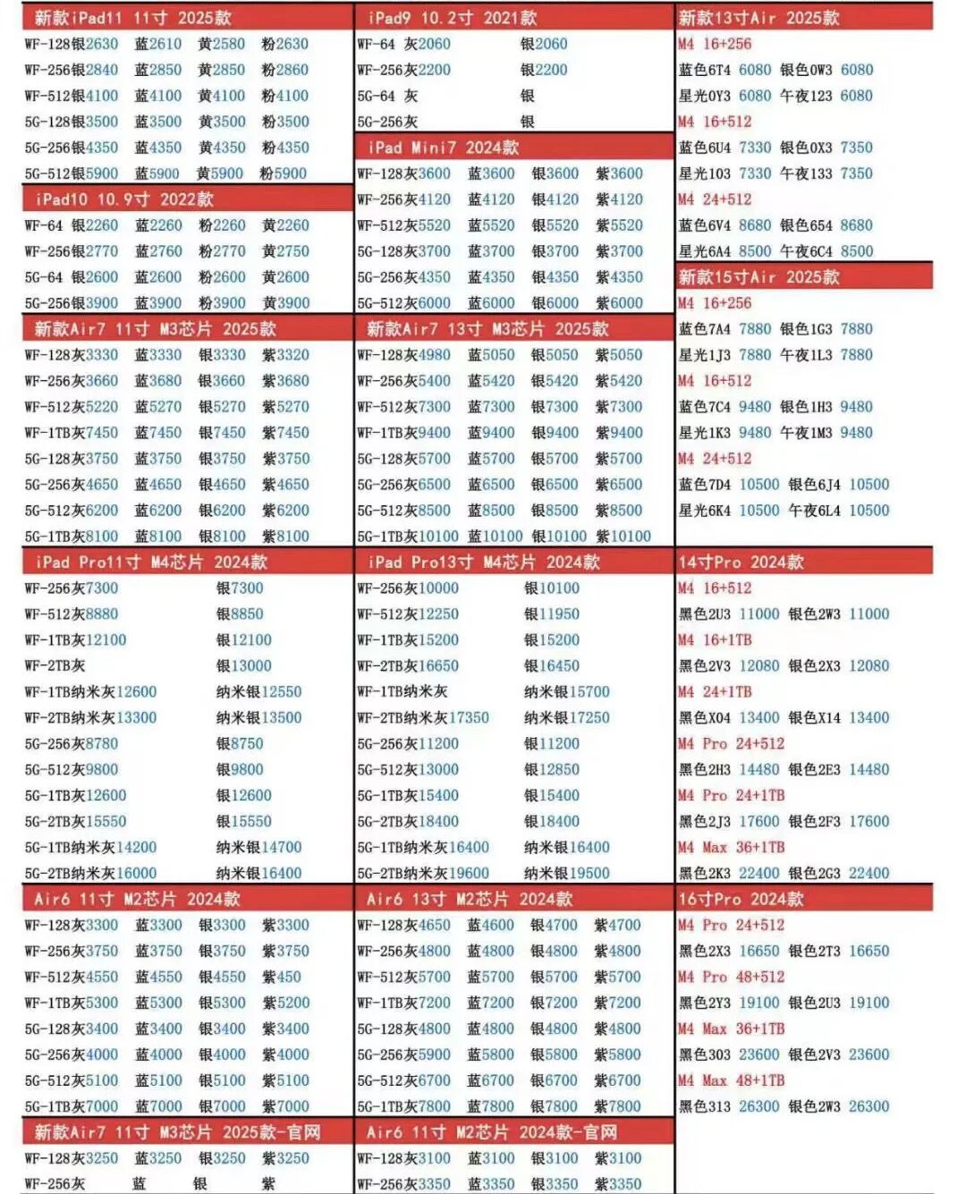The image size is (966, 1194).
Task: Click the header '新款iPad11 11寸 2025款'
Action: (x=132, y=17)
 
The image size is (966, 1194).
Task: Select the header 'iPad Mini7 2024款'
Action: (x=443, y=147)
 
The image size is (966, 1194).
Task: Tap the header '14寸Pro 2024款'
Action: (x=741, y=562)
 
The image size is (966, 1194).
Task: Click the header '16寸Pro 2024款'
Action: (x=741, y=899)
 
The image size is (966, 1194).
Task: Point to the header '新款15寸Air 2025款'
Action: (x=758, y=276)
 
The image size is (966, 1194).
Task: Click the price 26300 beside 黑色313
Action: (x=758, y=1106)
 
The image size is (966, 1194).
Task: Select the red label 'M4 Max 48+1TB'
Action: (x=731, y=1080)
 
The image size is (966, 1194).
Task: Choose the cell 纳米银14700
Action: (x=258, y=847)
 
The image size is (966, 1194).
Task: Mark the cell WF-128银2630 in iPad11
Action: (x=72, y=43)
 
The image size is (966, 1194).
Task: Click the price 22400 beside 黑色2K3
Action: (x=758, y=873)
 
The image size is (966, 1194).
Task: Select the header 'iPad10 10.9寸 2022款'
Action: (x=124, y=199)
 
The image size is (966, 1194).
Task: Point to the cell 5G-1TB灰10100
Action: (x=408, y=536)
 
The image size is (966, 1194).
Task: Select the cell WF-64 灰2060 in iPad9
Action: (x=403, y=43)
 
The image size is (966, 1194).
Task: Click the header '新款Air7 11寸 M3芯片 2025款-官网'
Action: (x=177, y=1132)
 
